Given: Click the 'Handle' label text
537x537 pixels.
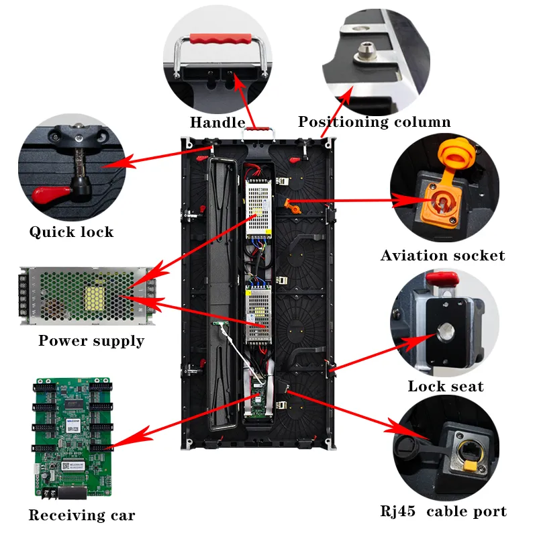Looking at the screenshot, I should pyautogui.click(x=217, y=122).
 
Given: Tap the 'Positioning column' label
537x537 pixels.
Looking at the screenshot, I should pyautogui.click(x=374, y=122).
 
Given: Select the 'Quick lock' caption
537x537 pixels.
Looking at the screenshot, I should pyautogui.click(x=71, y=232).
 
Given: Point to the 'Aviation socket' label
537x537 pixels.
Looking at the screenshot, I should pyautogui.click(x=442, y=256).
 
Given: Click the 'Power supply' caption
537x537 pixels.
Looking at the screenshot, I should pyautogui.click(x=91, y=340).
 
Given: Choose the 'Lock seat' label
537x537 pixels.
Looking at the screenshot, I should pyautogui.click(x=445, y=386).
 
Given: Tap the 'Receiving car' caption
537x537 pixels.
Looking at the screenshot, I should pyautogui.click(x=81, y=516).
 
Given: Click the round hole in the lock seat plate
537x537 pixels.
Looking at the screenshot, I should pyautogui.click(x=444, y=332).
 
